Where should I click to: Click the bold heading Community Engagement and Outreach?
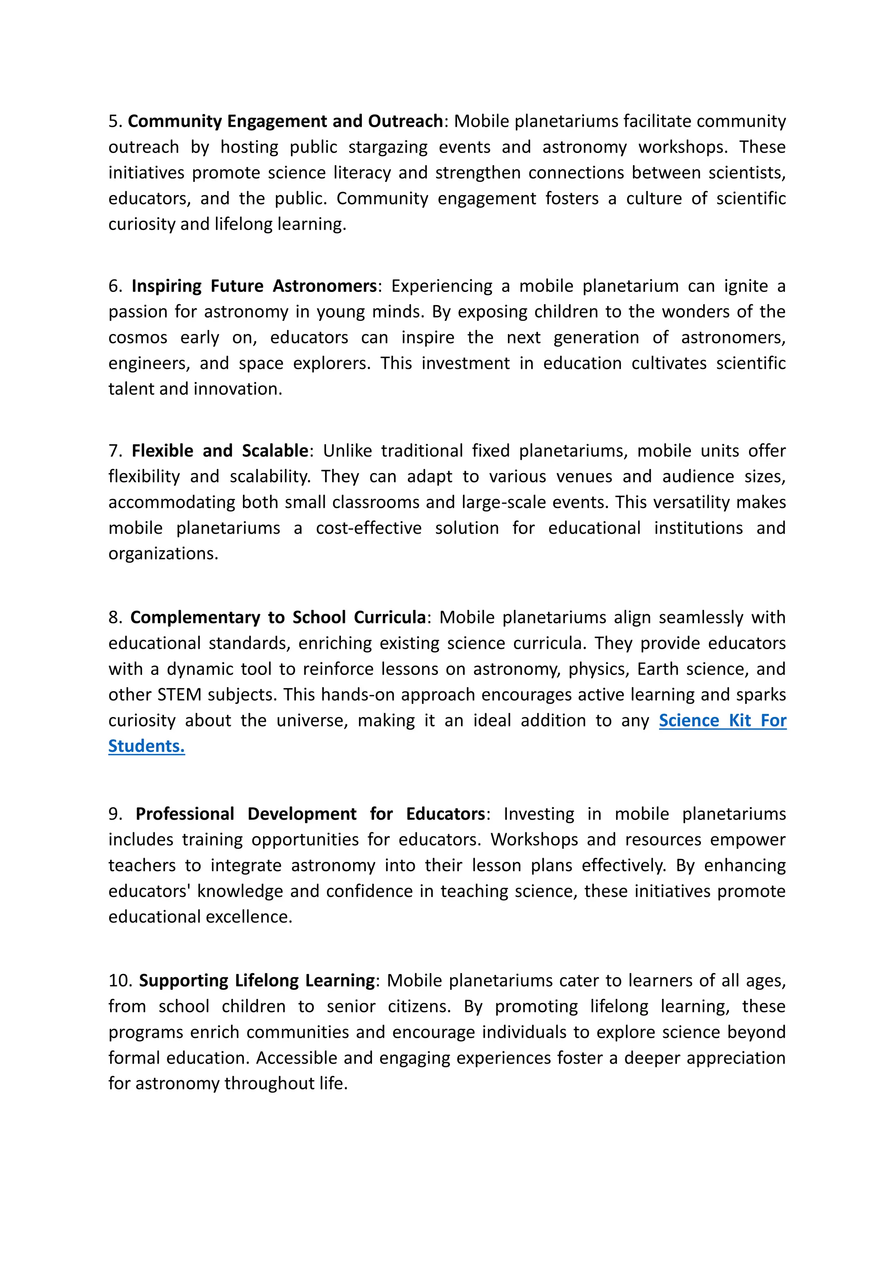[285, 121]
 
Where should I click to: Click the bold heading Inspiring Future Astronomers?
[253, 286]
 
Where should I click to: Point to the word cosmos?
[138, 337]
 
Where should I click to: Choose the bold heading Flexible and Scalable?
[219, 451]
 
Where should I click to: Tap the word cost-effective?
[369, 528]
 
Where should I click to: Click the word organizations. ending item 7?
[163, 553]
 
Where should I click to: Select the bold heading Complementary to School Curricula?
[278, 618]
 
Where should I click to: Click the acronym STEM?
[179, 695]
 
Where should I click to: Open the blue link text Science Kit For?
[722, 721]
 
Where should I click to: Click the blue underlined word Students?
[146, 746]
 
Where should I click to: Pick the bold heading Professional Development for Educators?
[310, 814]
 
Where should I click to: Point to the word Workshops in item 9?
[534, 840]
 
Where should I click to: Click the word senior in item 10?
[350, 1006]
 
